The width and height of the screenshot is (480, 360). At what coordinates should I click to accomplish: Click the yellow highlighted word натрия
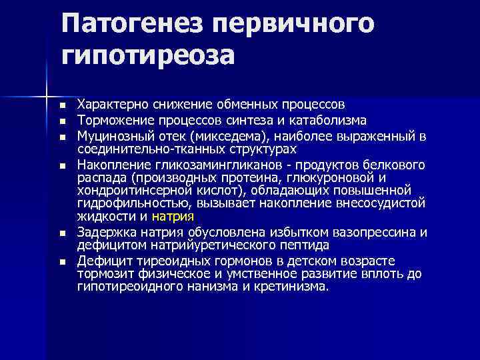click(x=173, y=217)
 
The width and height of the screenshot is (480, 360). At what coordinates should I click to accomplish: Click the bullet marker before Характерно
click(x=62, y=106)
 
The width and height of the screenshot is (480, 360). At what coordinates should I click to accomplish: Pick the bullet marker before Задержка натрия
click(x=62, y=233)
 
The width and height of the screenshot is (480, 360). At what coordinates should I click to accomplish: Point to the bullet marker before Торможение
click(x=62, y=121)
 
